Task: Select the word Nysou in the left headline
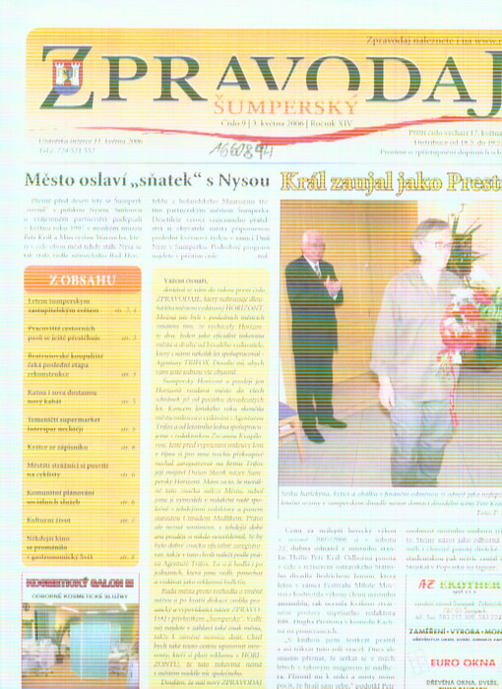pos(243,182)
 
